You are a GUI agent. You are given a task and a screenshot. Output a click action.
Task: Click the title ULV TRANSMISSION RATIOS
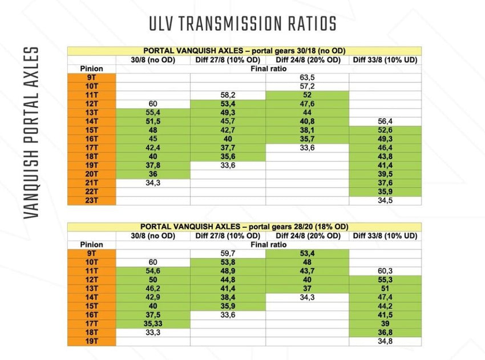[242, 23]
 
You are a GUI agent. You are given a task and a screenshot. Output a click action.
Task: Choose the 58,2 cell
[228, 94]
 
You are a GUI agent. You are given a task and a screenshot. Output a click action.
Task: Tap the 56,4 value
[385, 121]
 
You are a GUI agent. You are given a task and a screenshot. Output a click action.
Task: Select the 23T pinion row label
[91, 200]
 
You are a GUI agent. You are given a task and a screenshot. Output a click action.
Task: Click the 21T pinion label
[91, 183]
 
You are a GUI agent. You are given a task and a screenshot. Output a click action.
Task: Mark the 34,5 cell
[385, 200]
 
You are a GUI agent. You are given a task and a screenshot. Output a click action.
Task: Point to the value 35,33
[152, 323]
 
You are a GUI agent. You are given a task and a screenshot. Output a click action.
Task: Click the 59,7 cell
[228, 253]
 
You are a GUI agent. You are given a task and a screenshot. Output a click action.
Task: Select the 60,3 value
[385, 270]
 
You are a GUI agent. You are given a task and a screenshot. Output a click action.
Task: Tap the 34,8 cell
[385, 341]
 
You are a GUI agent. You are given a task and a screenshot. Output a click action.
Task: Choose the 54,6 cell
[152, 270]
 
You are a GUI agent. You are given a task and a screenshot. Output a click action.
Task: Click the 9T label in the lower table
[91, 253]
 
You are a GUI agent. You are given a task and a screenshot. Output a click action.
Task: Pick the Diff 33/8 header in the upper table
[385, 59]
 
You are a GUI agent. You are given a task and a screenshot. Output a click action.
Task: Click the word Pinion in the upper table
[91, 68]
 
